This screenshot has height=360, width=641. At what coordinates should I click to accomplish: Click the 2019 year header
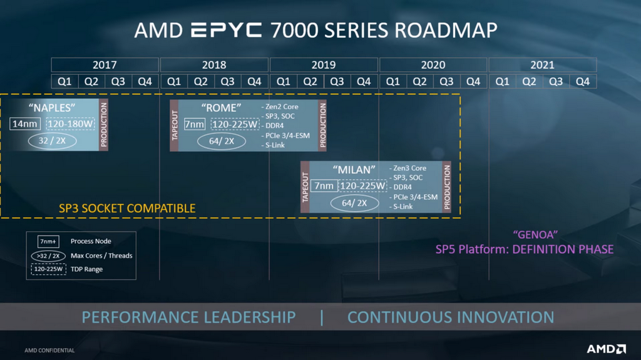click(324, 65)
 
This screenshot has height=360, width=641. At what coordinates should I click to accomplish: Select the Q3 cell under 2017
click(118, 81)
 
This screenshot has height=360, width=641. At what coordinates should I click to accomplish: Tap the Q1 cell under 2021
click(502, 81)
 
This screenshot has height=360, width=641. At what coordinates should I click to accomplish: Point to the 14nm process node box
click(25, 124)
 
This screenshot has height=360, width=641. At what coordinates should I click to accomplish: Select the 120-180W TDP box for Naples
click(70, 124)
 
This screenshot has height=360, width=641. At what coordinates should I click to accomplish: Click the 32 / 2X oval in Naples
click(52, 141)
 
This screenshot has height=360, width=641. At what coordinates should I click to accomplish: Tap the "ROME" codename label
click(221, 107)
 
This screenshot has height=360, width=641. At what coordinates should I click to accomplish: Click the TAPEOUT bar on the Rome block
click(175, 125)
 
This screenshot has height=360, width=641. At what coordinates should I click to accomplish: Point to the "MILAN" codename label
click(354, 169)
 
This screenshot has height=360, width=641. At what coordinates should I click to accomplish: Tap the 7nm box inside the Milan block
click(324, 186)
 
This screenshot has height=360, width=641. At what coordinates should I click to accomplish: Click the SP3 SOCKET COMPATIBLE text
click(127, 208)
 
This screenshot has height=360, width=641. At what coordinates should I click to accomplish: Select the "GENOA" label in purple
click(535, 235)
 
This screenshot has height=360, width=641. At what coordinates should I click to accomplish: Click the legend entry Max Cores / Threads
click(101, 256)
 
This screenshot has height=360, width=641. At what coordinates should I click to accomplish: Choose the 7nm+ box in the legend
click(49, 241)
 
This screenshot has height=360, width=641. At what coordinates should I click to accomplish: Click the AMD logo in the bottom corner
click(605, 349)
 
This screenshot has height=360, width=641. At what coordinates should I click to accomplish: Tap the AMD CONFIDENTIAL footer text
click(49, 351)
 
